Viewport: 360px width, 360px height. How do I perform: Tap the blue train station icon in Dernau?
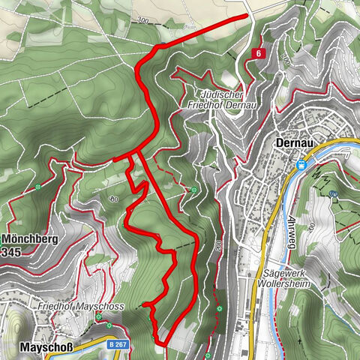(x=302, y=164)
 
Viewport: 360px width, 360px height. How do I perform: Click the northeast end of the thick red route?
(x=246, y=15)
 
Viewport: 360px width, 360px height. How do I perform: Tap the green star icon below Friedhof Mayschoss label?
(x=98, y=317)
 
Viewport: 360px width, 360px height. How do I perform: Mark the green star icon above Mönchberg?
(x=37, y=186)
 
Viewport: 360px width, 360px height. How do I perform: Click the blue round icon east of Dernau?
(x=334, y=193)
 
